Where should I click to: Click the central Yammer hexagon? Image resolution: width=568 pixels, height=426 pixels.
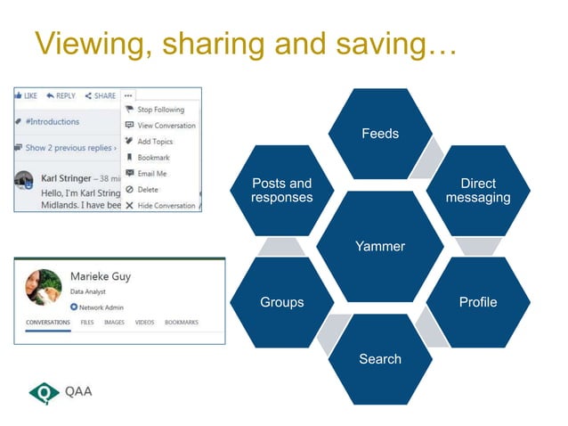(380, 246)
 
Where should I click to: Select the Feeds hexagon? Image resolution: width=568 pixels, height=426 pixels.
(380, 134)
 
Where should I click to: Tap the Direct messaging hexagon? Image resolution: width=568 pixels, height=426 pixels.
(478, 190)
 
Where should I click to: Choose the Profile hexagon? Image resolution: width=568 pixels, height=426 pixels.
(478, 302)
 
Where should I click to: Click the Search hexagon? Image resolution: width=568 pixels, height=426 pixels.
(380, 358)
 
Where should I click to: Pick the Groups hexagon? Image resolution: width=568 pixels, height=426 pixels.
(282, 302)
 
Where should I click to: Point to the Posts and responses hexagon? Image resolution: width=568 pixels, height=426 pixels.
(282, 190)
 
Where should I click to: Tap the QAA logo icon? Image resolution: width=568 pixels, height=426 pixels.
(44, 391)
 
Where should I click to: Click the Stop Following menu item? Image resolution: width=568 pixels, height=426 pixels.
(160, 110)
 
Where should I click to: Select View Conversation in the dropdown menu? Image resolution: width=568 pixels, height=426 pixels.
(166, 126)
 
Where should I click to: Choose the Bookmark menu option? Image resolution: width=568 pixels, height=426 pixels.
(153, 158)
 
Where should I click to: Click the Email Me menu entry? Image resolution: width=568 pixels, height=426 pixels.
(151, 174)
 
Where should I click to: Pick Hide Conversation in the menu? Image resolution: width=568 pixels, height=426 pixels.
(166, 206)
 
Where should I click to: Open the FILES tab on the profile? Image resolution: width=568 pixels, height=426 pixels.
(87, 323)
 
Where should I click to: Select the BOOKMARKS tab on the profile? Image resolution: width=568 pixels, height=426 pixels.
(182, 323)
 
